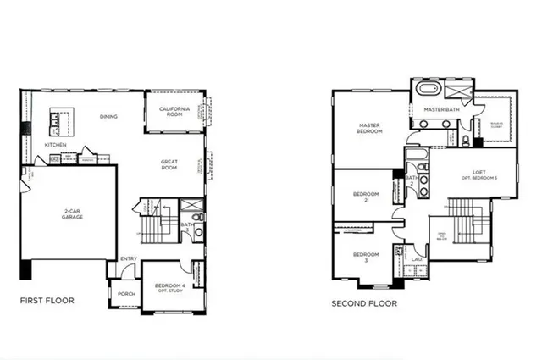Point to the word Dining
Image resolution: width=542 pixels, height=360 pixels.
[108, 117]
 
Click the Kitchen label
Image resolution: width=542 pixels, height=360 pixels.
[55, 145]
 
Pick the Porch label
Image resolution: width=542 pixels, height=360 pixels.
[126, 294]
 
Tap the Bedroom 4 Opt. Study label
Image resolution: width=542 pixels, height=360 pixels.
[171, 287]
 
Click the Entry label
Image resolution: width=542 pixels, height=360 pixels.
[129, 259]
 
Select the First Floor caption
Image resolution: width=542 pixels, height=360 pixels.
[47, 301]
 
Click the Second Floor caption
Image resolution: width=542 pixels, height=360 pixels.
[364, 302]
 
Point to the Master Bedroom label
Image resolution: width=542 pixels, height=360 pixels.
[369, 130]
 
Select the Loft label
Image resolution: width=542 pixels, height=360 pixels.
[478, 174]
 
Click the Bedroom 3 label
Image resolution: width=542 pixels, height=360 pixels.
[365, 257]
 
